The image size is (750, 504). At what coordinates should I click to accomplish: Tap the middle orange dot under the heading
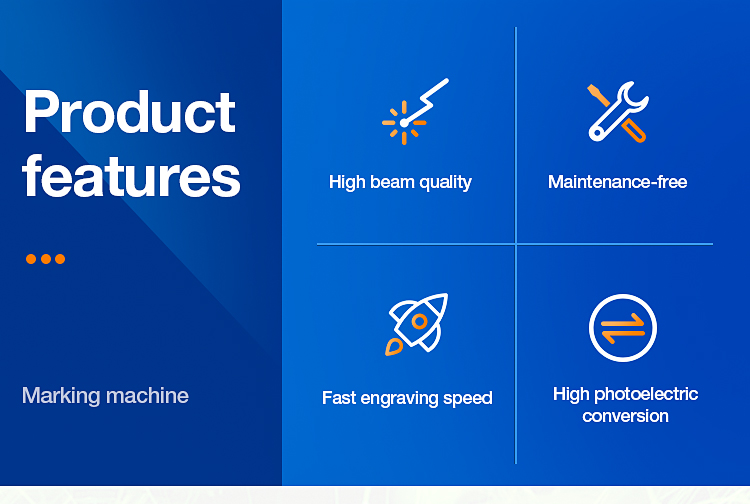click(46, 259)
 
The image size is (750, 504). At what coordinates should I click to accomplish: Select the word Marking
click(59, 396)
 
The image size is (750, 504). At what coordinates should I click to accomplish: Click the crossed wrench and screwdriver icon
click(617, 112)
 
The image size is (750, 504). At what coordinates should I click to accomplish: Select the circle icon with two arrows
click(623, 328)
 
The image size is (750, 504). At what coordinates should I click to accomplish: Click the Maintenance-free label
click(617, 182)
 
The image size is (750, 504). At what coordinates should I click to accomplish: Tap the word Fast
click(339, 398)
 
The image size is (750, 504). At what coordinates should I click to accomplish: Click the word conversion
click(625, 416)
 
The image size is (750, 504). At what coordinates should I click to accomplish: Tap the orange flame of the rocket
click(393, 348)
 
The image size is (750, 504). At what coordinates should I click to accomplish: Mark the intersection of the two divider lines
click(516, 244)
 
